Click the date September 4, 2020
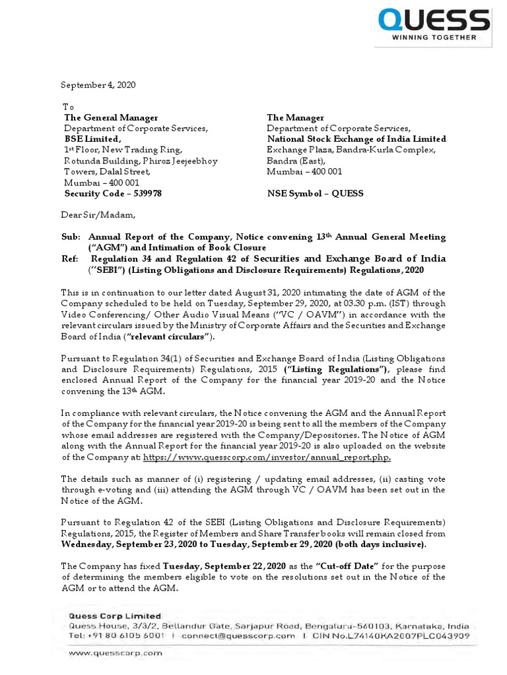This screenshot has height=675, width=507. coord(98,85)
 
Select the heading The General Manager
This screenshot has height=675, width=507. coord(111,117)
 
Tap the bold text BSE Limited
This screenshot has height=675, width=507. coord(92,139)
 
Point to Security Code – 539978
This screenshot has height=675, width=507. coord(113,194)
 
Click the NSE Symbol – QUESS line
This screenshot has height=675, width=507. coord(315,194)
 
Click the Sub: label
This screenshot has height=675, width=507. coord(71,237)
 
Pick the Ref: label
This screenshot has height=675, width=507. coord(71,258)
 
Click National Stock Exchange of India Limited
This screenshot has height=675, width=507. coord(356,139)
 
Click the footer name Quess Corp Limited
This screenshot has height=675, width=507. coord(106,616)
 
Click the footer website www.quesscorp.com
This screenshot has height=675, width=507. coord(116,653)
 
